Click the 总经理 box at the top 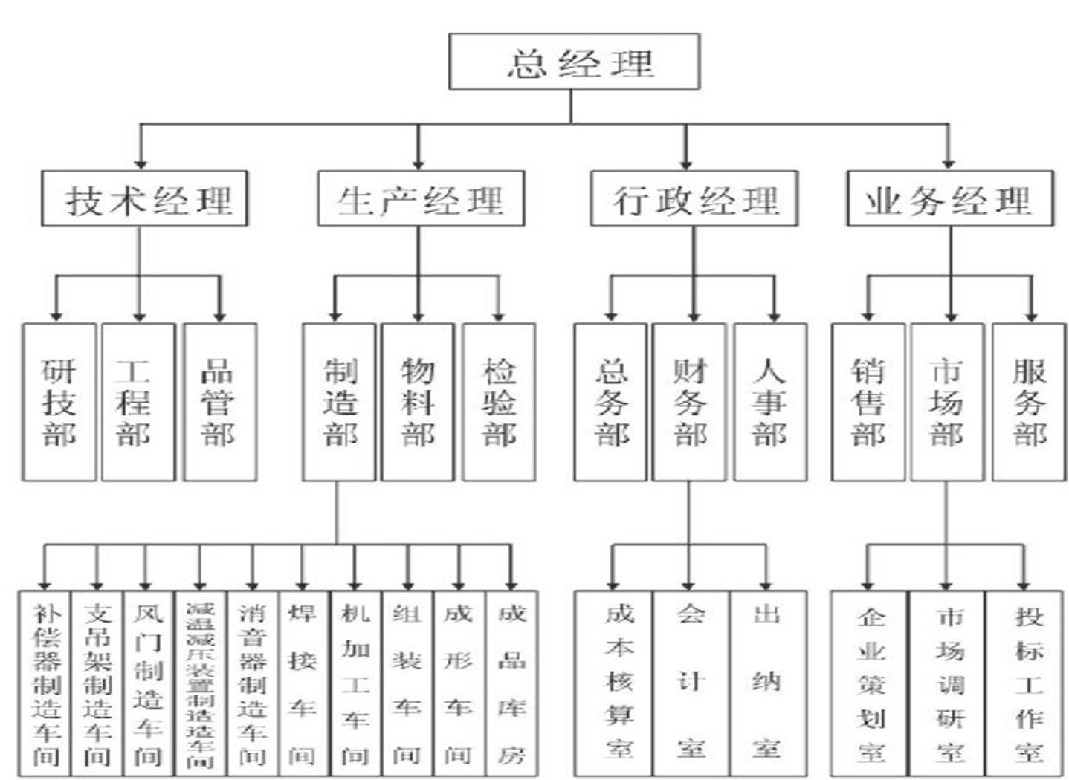tap(574, 62)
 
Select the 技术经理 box tap(144, 199)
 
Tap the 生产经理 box tap(421, 199)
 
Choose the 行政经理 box tap(694, 199)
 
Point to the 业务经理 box tap(950, 199)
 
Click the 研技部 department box tap(59, 402)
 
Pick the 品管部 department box tap(219, 402)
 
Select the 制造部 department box tap(339, 402)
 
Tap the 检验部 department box tap(499, 402)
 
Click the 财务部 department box tap(689, 402)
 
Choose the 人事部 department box tap(770, 402)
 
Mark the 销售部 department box tap(868, 402)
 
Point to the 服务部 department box tap(1029, 402)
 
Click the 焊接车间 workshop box tap(303, 683)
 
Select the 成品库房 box tap(511, 683)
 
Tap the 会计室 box tap(691, 683)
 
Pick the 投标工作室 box tap(1028, 683)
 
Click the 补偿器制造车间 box tap(45, 683)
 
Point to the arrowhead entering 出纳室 tap(766, 583)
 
